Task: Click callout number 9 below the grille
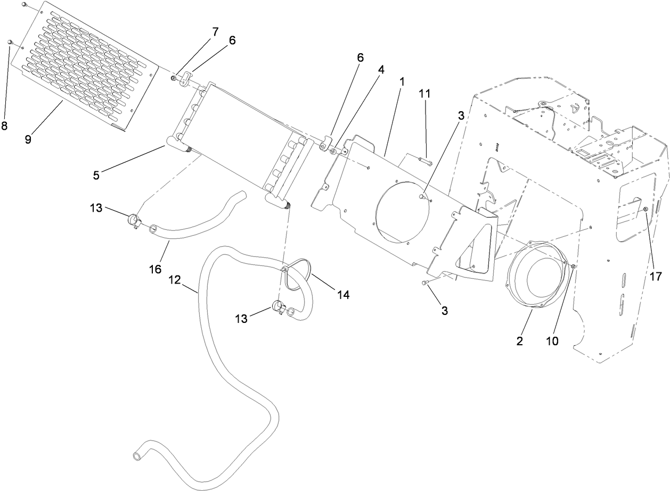pos(28,139)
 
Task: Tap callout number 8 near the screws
pos(4,126)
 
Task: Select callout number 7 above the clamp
pos(215,32)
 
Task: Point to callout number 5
pos(96,175)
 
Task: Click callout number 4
pos(381,69)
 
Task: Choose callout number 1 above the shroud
pos(402,82)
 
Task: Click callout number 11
pos(424,94)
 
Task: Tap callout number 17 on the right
pos(655,276)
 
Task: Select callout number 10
pos(552,341)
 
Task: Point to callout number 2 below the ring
pos(519,341)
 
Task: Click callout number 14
pos(344,294)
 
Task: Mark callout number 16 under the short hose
pos(155,269)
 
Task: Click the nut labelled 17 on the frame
pos(645,209)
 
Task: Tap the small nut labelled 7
pos(174,78)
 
